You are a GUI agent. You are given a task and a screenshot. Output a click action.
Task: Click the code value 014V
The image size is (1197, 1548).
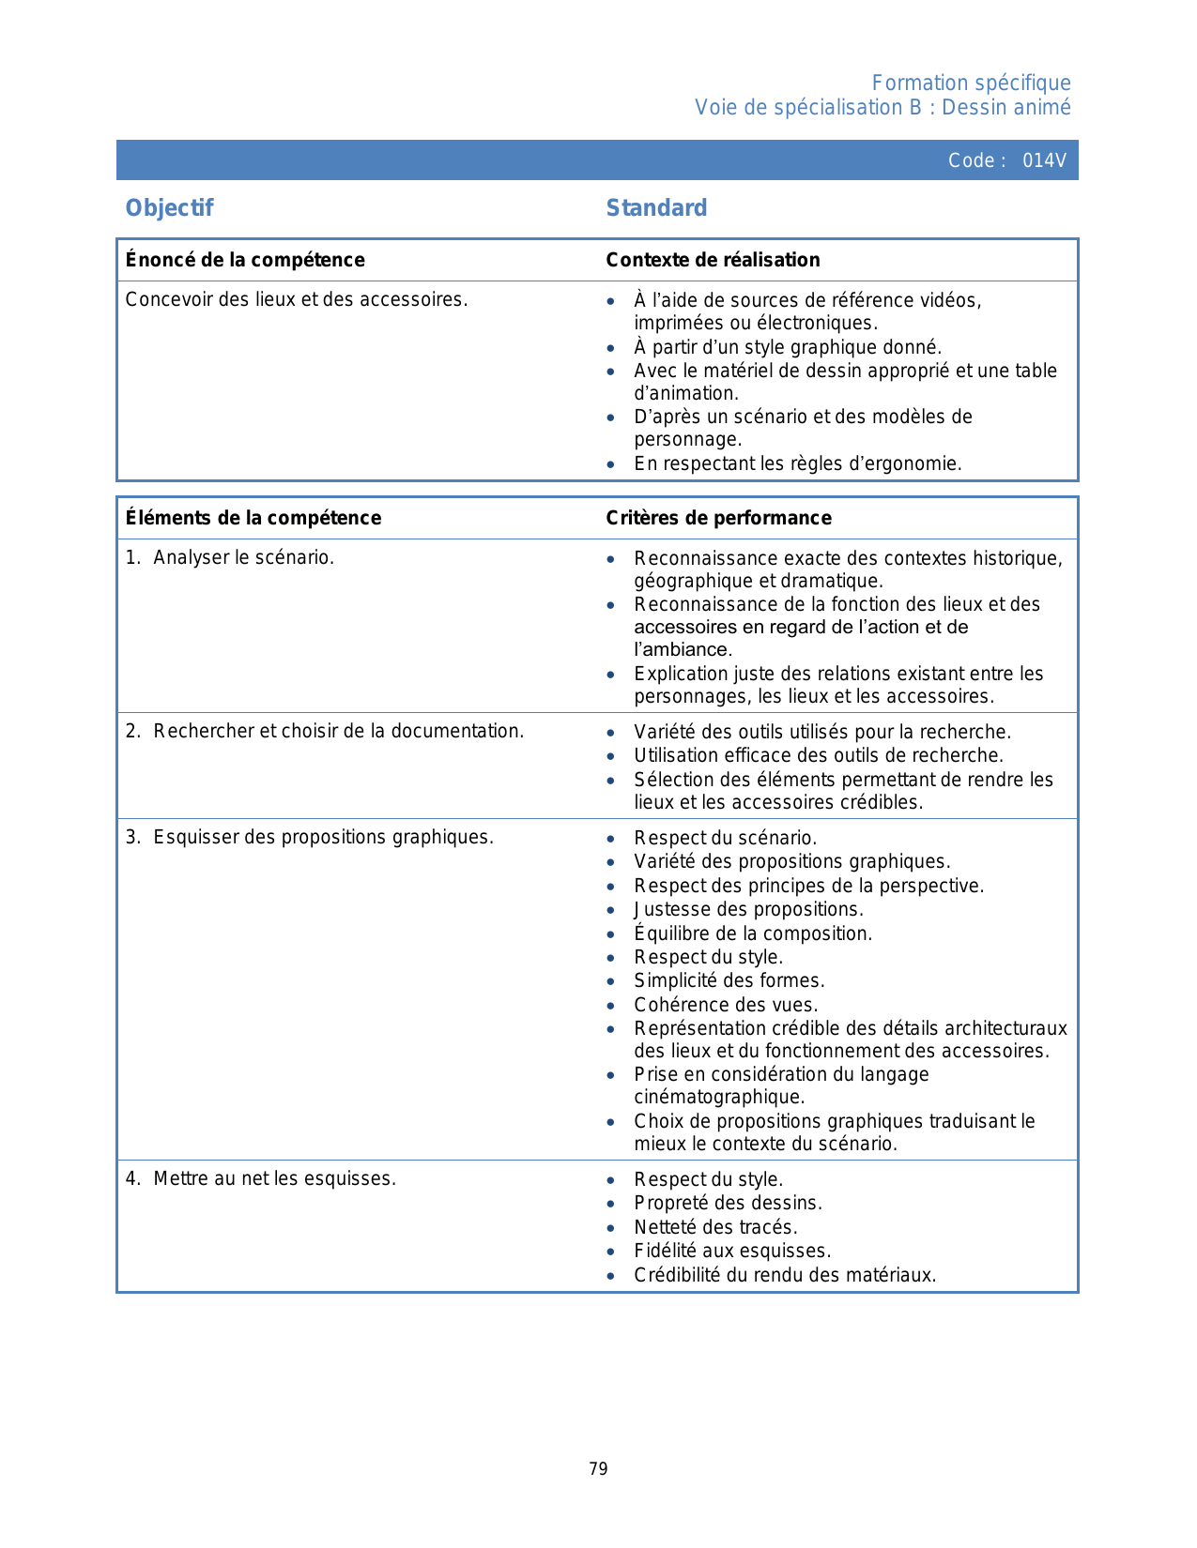point(1044,160)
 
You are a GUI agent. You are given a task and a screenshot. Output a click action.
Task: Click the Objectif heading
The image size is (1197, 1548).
point(169,208)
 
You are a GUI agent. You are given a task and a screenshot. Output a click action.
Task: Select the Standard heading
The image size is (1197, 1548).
point(656,208)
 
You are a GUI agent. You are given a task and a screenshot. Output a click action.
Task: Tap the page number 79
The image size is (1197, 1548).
point(598,1469)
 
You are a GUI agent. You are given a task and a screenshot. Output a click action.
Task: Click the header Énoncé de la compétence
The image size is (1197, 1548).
point(245,260)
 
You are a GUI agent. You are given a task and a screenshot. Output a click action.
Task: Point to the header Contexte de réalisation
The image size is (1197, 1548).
point(713,260)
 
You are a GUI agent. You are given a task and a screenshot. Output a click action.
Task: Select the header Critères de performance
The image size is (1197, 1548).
point(718,518)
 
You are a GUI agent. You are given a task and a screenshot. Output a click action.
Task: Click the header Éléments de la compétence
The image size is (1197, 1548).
point(253,518)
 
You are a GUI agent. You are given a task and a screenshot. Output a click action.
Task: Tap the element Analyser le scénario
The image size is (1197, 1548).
point(243,557)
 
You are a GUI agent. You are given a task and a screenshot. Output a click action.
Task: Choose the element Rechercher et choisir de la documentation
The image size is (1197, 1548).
point(338,731)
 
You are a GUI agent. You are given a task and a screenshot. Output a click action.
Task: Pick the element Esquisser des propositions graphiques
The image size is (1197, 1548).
point(323,837)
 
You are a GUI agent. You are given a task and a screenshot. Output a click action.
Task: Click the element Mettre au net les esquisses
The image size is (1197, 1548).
point(274,1178)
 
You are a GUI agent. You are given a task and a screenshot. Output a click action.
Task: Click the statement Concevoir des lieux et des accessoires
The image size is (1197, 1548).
point(296,299)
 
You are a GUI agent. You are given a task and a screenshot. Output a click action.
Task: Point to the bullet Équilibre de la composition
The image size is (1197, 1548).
point(753,933)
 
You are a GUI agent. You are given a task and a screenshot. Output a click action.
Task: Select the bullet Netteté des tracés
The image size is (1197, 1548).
point(715,1227)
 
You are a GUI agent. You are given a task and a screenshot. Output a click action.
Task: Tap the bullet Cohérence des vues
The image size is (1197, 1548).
point(726,1005)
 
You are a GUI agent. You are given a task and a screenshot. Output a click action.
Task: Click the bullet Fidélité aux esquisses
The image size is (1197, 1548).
point(732,1251)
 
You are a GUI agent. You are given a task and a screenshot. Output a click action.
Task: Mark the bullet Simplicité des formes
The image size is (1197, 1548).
point(729,980)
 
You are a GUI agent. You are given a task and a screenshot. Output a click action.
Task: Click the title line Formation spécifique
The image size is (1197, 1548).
point(971,83)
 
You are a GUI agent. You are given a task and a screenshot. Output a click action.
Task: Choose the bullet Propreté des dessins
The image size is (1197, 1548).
point(728,1203)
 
